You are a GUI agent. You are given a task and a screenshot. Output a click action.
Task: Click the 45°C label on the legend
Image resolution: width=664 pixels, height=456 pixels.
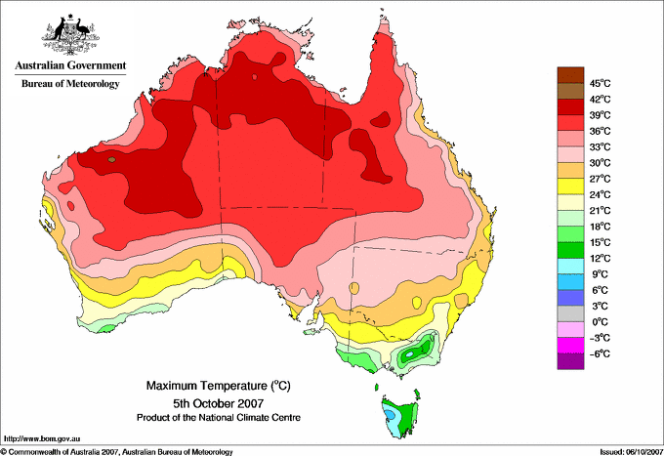(601, 83)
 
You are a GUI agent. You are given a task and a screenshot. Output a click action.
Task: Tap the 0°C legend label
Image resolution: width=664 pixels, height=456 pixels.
(601, 322)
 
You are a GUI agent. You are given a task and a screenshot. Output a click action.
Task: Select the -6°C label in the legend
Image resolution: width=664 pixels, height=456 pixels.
(600, 353)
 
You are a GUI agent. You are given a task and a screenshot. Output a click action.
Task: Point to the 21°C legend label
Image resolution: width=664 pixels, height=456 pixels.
(601, 211)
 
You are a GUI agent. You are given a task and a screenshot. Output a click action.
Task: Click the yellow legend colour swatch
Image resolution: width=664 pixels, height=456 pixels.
(570, 187)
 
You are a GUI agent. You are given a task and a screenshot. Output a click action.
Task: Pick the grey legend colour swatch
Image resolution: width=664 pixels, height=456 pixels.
(570, 313)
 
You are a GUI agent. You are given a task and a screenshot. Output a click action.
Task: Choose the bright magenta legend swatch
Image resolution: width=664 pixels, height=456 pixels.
(570, 346)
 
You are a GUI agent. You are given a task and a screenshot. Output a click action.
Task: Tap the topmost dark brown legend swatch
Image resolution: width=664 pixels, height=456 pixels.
(570, 75)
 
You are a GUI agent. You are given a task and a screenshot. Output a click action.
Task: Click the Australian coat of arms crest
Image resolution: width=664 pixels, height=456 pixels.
(70, 34)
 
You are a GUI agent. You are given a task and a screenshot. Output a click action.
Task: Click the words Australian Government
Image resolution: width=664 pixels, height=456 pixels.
(70, 65)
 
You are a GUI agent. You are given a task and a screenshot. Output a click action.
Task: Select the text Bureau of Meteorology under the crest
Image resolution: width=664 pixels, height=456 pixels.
(70, 83)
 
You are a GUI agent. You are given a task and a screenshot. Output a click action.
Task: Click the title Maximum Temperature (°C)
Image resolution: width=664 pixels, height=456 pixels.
(219, 386)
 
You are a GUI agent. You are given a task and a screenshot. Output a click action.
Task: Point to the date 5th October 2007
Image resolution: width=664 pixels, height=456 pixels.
(219, 403)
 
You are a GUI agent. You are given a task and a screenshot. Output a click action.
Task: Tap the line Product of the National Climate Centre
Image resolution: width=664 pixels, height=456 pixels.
(219, 418)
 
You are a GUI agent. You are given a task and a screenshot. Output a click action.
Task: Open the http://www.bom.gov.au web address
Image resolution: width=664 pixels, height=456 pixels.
(42, 439)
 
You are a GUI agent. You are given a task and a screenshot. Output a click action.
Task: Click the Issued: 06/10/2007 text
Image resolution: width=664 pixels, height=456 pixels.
(631, 452)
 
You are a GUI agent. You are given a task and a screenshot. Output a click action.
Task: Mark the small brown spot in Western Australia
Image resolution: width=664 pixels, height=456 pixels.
(111, 159)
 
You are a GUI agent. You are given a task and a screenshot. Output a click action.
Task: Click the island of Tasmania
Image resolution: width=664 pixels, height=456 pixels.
(399, 415)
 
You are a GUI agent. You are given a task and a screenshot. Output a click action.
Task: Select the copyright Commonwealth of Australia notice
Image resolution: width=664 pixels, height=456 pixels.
(117, 452)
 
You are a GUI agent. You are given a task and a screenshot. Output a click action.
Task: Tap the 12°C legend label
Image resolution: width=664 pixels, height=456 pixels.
(601, 259)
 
